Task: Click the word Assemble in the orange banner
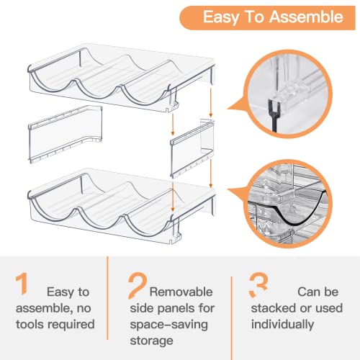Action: click(306, 17)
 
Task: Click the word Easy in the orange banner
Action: click(221, 18)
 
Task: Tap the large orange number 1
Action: click(22, 284)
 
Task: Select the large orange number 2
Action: click(138, 286)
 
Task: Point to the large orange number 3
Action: click(258, 285)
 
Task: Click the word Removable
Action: click(181, 292)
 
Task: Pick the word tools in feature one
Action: click(30, 324)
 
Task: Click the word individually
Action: click(282, 325)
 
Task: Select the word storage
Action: click(151, 341)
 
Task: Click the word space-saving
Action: click(168, 325)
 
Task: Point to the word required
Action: click(71, 325)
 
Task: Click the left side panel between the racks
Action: click(66, 135)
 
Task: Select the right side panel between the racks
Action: click(192, 148)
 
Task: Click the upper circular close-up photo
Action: click(288, 94)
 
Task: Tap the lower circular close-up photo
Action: click(288, 204)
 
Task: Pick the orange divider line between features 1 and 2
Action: click(107, 298)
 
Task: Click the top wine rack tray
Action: click(121, 78)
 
